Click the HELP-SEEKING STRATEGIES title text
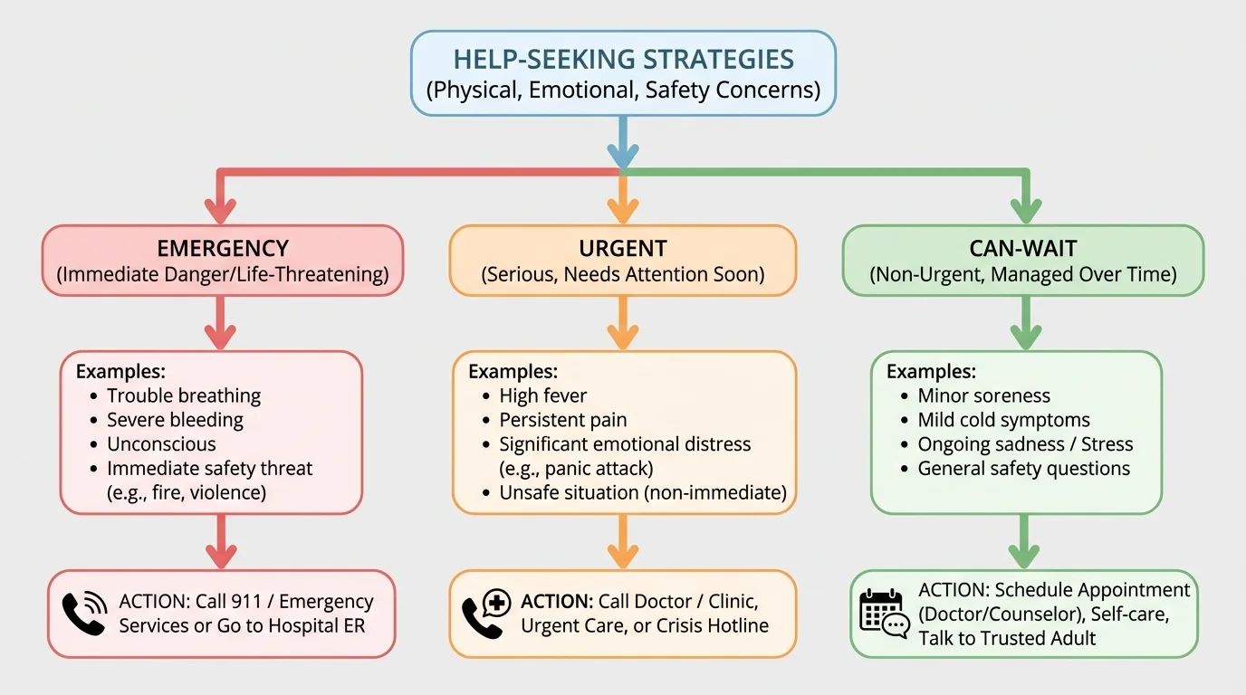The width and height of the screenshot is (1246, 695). click(x=623, y=60)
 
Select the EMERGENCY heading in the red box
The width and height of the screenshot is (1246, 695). click(x=223, y=249)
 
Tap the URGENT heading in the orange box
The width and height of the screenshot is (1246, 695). click(x=623, y=249)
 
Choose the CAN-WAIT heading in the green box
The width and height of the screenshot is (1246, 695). click(x=1023, y=249)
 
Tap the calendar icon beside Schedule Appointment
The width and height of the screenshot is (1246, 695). click(x=883, y=614)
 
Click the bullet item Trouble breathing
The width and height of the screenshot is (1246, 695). click(x=184, y=395)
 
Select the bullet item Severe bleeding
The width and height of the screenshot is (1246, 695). click(x=175, y=420)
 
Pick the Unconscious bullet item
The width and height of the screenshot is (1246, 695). click(x=161, y=444)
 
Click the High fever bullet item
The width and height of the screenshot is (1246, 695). click(x=543, y=395)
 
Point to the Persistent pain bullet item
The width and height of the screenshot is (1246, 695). click(x=563, y=420)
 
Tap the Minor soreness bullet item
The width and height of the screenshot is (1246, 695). click(x=984, y=395)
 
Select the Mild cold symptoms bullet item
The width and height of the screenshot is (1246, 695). click(x=1004, y=420)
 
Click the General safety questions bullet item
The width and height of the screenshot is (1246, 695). click(x=1024, y=469)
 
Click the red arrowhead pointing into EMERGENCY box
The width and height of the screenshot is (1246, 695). click(x=220, y=212)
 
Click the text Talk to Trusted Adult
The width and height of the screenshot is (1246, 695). click(x=1007, y=638)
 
